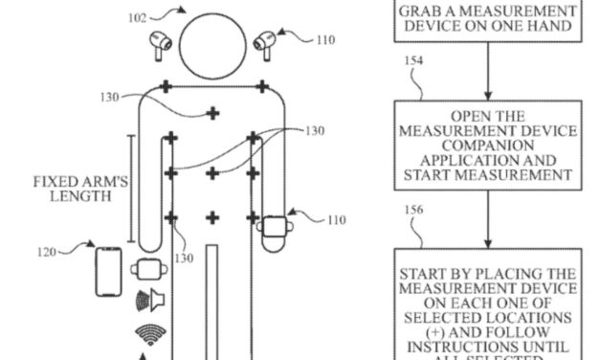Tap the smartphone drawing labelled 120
(x=108, y=272)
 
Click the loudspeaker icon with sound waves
(x=149, y=301)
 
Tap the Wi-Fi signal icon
(x=149, y=334)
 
